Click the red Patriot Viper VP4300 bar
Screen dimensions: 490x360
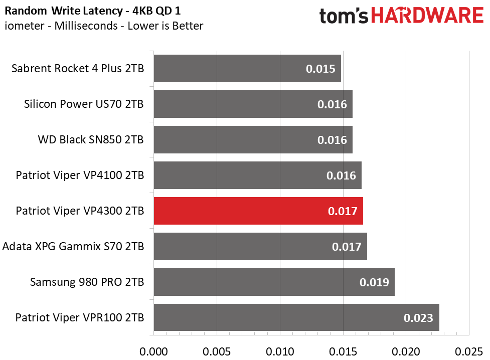[258, 211]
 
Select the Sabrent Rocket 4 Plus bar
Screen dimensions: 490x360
[247, 68]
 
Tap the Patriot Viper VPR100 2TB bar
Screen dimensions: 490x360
[296, 317]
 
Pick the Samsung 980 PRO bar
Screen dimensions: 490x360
[274, 282]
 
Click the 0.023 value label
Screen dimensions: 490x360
[418, 318]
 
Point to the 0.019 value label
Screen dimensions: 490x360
[374, 282]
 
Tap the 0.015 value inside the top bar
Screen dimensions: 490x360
[320, 69]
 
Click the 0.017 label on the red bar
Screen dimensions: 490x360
[343, 211]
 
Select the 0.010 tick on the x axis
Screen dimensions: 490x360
[280, 351]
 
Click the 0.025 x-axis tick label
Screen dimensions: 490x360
[469, 351]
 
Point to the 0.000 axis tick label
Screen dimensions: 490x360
[153, 351]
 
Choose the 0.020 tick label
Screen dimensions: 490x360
[406, 351]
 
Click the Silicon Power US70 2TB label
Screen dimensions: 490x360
[84, 104]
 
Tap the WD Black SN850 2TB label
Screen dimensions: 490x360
[91, 139]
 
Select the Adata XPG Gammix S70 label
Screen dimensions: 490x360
[73, 246]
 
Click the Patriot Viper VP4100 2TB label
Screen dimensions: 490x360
[80, 175]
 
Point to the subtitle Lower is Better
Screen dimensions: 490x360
[166, 26]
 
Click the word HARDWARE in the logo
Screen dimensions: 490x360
[427, 16]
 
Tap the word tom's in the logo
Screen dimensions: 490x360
[344, 16]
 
